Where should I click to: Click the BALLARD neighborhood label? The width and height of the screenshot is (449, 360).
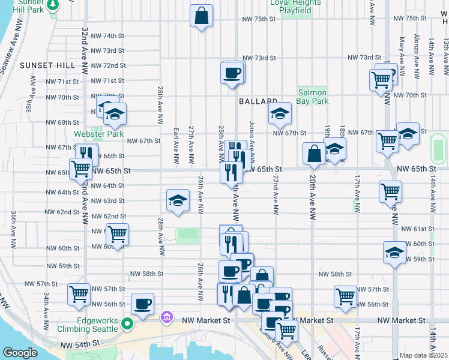coord(258,101)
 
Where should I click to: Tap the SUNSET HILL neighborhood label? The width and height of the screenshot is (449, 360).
coord(47,65)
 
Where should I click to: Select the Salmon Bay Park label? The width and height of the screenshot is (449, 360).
coord(312,97)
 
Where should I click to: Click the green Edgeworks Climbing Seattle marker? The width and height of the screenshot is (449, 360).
coord(127,325)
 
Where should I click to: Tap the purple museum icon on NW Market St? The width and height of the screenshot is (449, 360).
coord(167,316)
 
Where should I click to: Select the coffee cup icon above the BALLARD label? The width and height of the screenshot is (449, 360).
coord(232,74)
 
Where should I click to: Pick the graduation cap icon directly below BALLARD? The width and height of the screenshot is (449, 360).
coord(279,113)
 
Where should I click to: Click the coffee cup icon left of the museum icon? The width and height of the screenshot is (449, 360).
coord(142,304)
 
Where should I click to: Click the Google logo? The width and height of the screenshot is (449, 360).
coord(20,352)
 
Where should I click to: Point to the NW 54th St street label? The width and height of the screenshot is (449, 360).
coord(82,344)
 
